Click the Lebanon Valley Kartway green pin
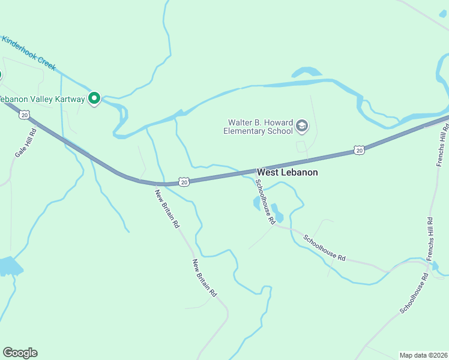click(x=94, y=98)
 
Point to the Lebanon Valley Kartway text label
click(x=42, y=99)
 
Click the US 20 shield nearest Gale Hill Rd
click(x=24, y=115)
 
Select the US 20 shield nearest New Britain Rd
click(x=184, y=181)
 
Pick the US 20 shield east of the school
click(x=359, y=150)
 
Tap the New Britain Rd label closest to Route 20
click(x=167, y=208)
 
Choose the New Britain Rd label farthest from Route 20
click(x=204, y=277)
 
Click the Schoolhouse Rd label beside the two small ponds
click(x=265, y=202)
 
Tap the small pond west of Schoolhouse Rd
click(x=257, y=204)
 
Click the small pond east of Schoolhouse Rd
click(x=278, y=214)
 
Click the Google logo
click(x=20, y=353)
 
